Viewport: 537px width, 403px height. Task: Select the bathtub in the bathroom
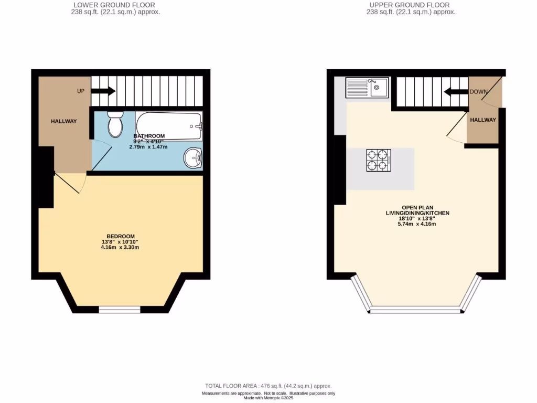[168, 125]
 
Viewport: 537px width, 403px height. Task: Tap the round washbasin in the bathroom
[194, 157]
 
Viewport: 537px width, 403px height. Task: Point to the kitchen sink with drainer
[367, 87]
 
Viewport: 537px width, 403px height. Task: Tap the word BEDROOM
[121, 236]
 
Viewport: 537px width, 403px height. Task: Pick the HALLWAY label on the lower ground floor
[63, 121]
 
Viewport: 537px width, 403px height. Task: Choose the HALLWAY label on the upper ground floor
[482, 120]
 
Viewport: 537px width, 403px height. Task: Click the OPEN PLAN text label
[417, 207]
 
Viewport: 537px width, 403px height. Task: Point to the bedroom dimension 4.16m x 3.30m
[121, 247]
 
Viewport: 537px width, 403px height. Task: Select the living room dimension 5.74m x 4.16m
[417, 224]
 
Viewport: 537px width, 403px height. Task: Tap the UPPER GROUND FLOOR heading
[410, 5]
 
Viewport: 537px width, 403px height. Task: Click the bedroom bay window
[120, 310]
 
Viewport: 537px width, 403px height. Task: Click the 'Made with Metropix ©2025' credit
[268, 398]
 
